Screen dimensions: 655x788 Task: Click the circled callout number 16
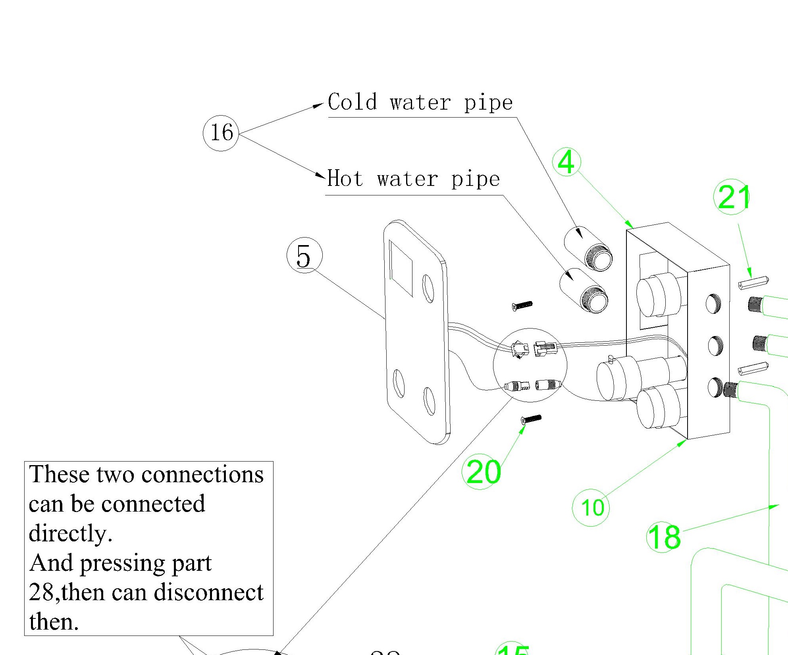(221, 133)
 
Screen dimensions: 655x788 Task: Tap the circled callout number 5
(304, 256)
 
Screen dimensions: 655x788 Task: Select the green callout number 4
(566, 162)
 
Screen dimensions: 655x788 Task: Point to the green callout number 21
(732, 197)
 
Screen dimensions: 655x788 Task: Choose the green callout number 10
(591, 508)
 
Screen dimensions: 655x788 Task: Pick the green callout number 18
(664, 537)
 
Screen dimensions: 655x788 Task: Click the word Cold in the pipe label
(352, 102)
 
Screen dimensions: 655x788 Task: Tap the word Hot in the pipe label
(345, 178)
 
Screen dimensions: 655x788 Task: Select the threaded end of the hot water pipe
(594, 299)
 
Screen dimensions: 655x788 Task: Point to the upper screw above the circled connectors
(522, 305)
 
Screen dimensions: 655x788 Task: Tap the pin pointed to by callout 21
(753, 282)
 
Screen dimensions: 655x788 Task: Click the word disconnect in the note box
(208, 593)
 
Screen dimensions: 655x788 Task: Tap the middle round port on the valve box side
(715, 345)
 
